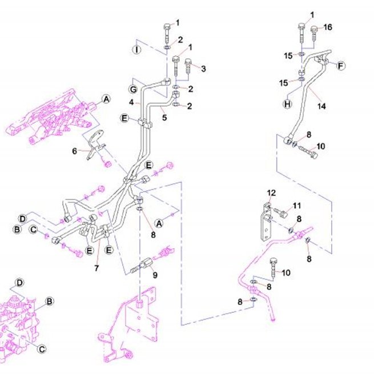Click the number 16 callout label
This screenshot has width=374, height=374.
[x=328, y=27]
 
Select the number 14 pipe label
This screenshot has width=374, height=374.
[x=321, y=106]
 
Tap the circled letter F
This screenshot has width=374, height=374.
[x=341, y=65]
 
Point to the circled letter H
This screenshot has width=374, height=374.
[x=288, y=104]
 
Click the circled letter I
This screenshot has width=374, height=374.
[x=136, y=50]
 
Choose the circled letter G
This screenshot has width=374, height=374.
[x=133, y=90]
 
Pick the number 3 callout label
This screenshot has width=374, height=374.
[x=203, y=69]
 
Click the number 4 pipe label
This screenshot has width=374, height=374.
[x=131, y=103]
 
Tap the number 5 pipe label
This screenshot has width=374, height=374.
[x=164, y=118]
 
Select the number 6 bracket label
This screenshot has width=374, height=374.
[x=75, y=151]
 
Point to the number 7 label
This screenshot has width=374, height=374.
[x=96, y=268]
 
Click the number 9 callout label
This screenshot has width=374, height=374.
[x=155, y=275]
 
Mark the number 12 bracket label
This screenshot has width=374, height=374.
[x=271, y=193]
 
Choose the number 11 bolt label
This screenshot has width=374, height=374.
[x=297, y=206]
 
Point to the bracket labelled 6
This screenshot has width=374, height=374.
[x=95, y=144]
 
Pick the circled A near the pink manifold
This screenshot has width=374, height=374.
[x=106, y=99]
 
